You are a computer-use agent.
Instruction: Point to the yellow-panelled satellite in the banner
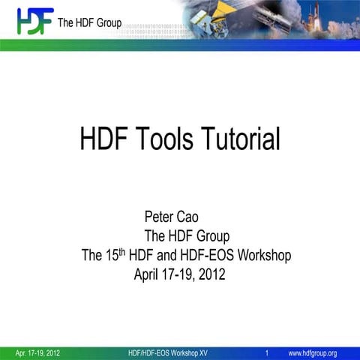click(x=226, y=19)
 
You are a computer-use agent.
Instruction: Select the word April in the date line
click(x=149, y=274)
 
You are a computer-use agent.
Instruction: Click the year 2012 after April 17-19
click(x=210, y=274)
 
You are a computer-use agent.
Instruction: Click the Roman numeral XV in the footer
click(x=201, y=353)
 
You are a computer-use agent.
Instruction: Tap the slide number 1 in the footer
click(x=268, y=353)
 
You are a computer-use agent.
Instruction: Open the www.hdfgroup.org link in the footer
click(x=313, y=353)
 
